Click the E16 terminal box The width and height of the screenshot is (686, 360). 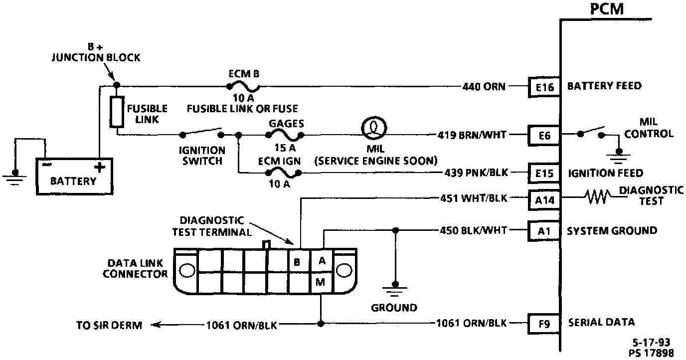click(544, 87)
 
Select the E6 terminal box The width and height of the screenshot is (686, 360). click(544, 135)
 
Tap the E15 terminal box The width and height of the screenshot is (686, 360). click(544, 173)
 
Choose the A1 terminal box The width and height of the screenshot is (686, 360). click(544, 231)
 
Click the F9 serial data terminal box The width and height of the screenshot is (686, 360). click(544, 323)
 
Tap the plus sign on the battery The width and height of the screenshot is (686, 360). click(100, 167)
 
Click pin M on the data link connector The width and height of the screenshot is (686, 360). click(321, 282)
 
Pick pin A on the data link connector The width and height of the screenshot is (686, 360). click(322, 260)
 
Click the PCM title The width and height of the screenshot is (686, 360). click(606, 8)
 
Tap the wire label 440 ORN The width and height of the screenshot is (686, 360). click(484, 87)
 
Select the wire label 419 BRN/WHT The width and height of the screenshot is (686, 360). click(472, 135)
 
